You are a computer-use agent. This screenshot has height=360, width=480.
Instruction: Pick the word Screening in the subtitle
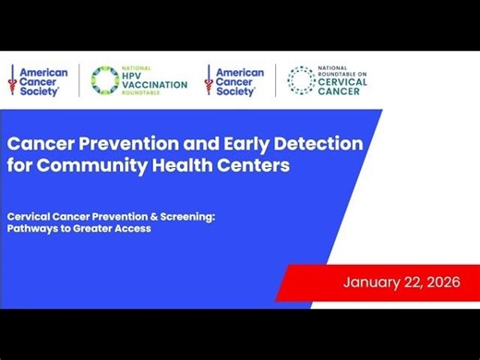[183, 217]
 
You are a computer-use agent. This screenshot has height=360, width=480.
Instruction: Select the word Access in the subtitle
[131, 228]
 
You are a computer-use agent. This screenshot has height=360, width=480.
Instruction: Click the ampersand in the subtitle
[149, 217]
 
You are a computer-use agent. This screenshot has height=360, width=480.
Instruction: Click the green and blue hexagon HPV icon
[103, 81]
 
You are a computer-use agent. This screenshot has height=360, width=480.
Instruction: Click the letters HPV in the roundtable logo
[135, 75]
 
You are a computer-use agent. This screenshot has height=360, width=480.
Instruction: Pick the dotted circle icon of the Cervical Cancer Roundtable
[300, 80]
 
